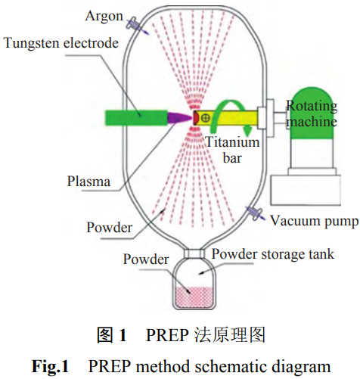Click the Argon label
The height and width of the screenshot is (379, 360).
[x=104, y=17]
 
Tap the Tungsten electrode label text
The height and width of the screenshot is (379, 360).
[x=61, y=43]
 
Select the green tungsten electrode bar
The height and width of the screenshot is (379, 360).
[x=136, y=117]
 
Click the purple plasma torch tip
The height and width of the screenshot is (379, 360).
[x=179, y=118]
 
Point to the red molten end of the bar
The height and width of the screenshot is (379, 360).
[x=195, y=117]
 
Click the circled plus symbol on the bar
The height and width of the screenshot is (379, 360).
[x=206, y=118]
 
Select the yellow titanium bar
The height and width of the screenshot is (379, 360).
[x=227, y=118]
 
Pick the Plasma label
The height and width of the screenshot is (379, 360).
[x=88, y=181]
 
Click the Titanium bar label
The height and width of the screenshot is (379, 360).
[x=232, y=150]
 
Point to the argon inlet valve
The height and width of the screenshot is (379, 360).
[x=134, y=25]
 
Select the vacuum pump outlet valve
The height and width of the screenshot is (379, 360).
[x=255, y=213]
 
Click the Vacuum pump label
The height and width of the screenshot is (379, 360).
[x=314, y=221]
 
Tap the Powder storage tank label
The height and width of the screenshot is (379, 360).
[x=273, y=254]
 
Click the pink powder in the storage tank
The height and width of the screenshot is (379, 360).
[x=194, y=297]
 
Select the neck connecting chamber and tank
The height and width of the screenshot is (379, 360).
[x=194, y=253]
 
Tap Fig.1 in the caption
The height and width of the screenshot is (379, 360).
[x=50, y=366]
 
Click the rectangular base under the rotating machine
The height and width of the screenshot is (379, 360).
[x=306, y=190]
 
